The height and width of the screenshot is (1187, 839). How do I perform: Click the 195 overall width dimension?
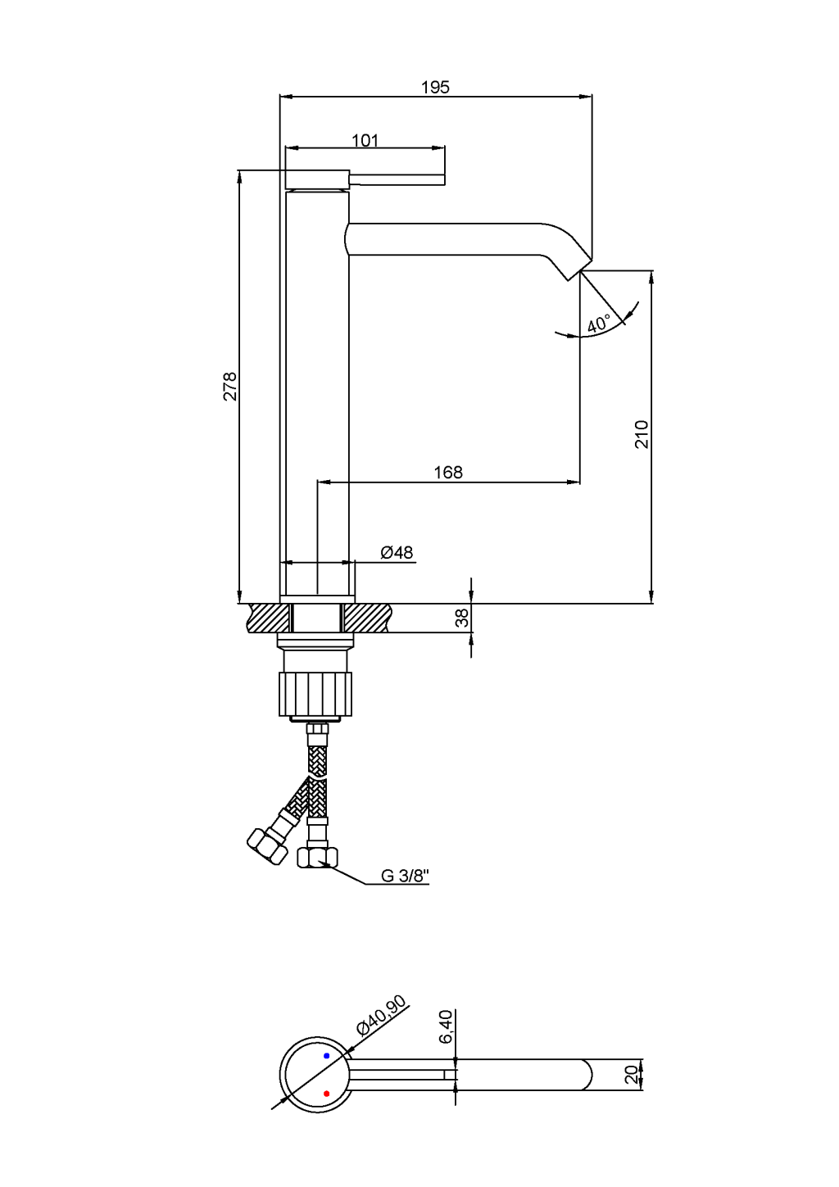[435, 88]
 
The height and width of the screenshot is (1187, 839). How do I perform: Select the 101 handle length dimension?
[365, 141]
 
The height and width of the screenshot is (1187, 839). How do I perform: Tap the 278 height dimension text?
[230, 387]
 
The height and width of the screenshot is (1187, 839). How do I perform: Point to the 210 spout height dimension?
[642, 434]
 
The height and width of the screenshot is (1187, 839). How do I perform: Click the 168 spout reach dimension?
[448, 472]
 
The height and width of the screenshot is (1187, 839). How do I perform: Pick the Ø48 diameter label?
[397, 553]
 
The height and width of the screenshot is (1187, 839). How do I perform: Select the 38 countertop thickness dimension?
[462, 618]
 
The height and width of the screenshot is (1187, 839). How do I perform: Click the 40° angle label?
[599, 324]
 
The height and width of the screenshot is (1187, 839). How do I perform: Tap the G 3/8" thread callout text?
[405, 876]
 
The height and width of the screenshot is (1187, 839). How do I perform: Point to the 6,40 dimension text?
[447, 1026]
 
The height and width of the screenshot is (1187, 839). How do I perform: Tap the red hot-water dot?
[326, 1094]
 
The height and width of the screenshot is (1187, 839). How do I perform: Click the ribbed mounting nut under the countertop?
[315, 694]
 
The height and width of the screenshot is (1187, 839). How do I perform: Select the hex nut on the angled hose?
[267, 847]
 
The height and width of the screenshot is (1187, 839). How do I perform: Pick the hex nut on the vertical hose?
[317, 858]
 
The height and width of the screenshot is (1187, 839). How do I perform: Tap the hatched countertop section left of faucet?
[269, 618]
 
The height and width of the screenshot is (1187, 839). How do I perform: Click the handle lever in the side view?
[397, 179]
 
